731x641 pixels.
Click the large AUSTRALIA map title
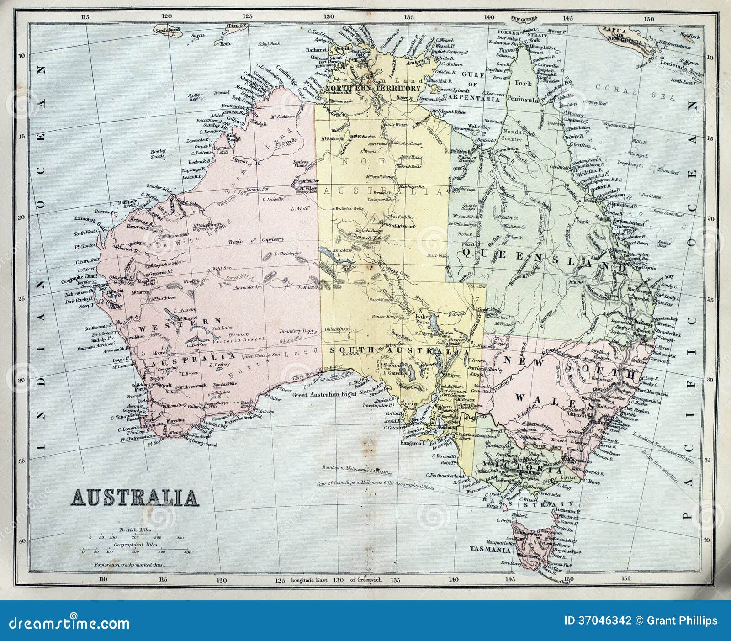pos(134,498)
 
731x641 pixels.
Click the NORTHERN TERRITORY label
pos(373,89)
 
